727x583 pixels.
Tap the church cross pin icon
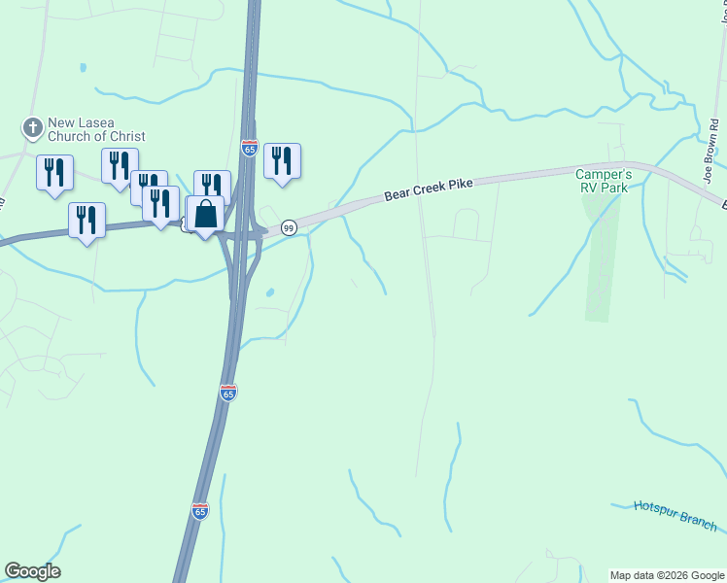coord(31,126)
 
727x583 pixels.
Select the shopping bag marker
coord(205,215)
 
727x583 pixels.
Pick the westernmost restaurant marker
coord(54,172)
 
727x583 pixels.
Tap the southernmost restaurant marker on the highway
coord(87,220)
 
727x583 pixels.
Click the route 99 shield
coord(289,227)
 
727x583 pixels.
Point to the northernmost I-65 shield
coord(249,148)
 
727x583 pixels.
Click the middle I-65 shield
coord(227,393)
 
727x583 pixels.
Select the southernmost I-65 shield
coord(199,511)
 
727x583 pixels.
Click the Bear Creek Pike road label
coord(428,189)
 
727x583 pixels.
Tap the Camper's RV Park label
coord(604,180)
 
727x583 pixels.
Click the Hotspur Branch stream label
coord(675,516)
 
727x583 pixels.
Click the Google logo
coord(32,571)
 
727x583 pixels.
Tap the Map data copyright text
coord(667,575)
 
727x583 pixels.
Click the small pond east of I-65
coord(268,292)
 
